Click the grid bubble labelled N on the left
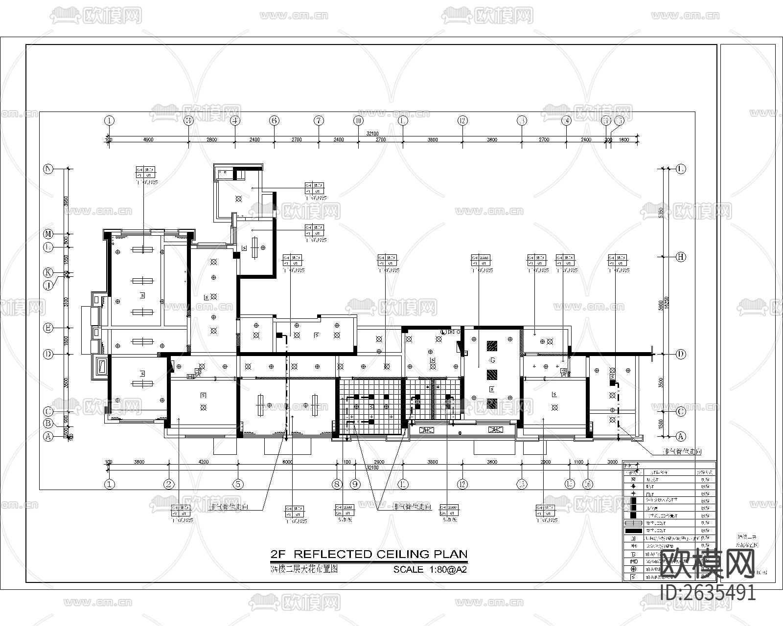48,169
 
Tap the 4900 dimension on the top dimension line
148,139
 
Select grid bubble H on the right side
680,257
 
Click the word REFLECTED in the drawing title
334,554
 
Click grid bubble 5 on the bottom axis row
238,484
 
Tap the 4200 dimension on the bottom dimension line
203,462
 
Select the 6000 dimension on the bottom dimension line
287,462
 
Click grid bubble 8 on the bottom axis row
337,484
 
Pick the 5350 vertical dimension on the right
661,213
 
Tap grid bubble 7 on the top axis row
319,120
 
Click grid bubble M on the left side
48,234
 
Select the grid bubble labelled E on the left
48,328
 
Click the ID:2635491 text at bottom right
708,593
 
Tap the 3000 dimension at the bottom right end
612,462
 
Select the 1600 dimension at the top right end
624,139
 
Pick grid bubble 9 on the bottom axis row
355,484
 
